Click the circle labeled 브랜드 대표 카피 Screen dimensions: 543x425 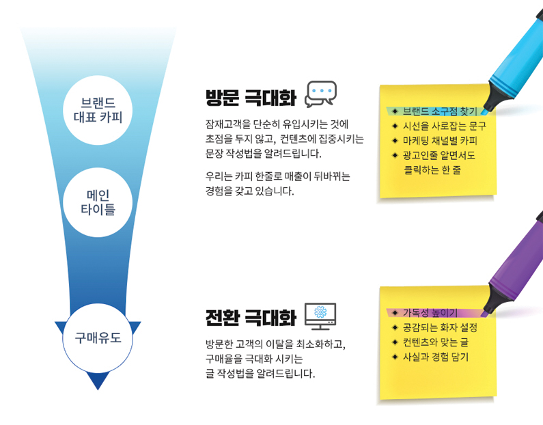[x=98, y=110]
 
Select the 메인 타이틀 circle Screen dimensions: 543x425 [x=98, y=203]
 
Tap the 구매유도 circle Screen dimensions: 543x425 [x=98, y=338]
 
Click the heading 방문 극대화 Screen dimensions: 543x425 [x=251, y=97]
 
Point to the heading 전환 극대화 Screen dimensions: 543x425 [x=251, y=317]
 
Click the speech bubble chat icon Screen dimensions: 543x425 [x=320, y=94]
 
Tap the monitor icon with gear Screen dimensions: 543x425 [x=320, y=316]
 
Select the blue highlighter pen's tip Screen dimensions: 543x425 [x=485, y=112]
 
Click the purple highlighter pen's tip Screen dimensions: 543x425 [x=485, y=314]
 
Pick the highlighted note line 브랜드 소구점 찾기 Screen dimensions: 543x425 [x=440, y=111]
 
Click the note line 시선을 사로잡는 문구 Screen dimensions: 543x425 [x=445, y=126]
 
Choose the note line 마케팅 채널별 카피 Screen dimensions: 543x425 [x=440, y=141]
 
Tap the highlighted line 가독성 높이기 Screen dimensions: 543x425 [x=430, y=313]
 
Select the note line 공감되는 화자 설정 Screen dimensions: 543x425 [x=440, y=328]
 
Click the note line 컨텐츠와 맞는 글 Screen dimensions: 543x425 [x=435, y=342]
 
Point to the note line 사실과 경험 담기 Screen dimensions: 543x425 [x=435, y=357]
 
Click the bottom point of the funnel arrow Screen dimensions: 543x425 [x=98, y=390]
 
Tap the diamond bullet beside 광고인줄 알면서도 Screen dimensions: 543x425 [x=395, y=155]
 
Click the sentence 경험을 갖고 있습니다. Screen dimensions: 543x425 [x=249, y=191]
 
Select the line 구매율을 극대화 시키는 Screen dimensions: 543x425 [x=254, y=359]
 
